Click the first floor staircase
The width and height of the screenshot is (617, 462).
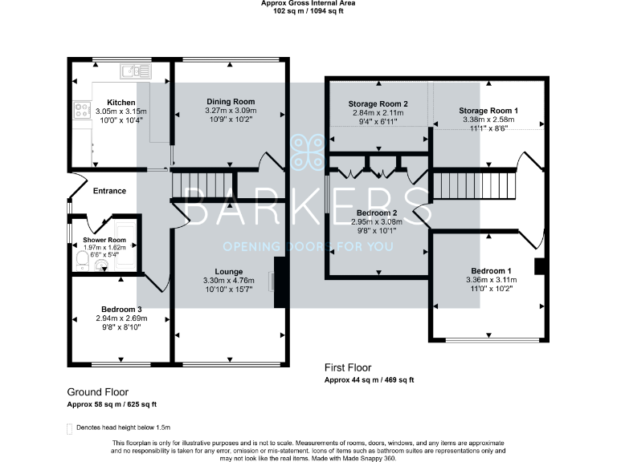[474, 186]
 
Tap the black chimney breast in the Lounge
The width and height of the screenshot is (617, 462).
[280, 282]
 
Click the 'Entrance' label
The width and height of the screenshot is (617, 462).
[110, 191]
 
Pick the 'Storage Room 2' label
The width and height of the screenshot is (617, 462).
[378, 104]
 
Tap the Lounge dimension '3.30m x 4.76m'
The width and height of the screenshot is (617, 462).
[230, 281]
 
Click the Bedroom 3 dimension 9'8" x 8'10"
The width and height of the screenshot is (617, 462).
[121, 326]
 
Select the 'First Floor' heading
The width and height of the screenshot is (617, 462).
[348, 368]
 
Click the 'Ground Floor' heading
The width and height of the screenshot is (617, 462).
[100, 392]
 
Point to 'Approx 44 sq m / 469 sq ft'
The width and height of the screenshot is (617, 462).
[370, 379]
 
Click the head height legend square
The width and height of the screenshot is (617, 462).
[70, 428]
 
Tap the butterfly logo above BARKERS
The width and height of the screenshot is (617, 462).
[308, 149]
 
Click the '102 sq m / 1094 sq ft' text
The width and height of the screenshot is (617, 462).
[308, 11]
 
